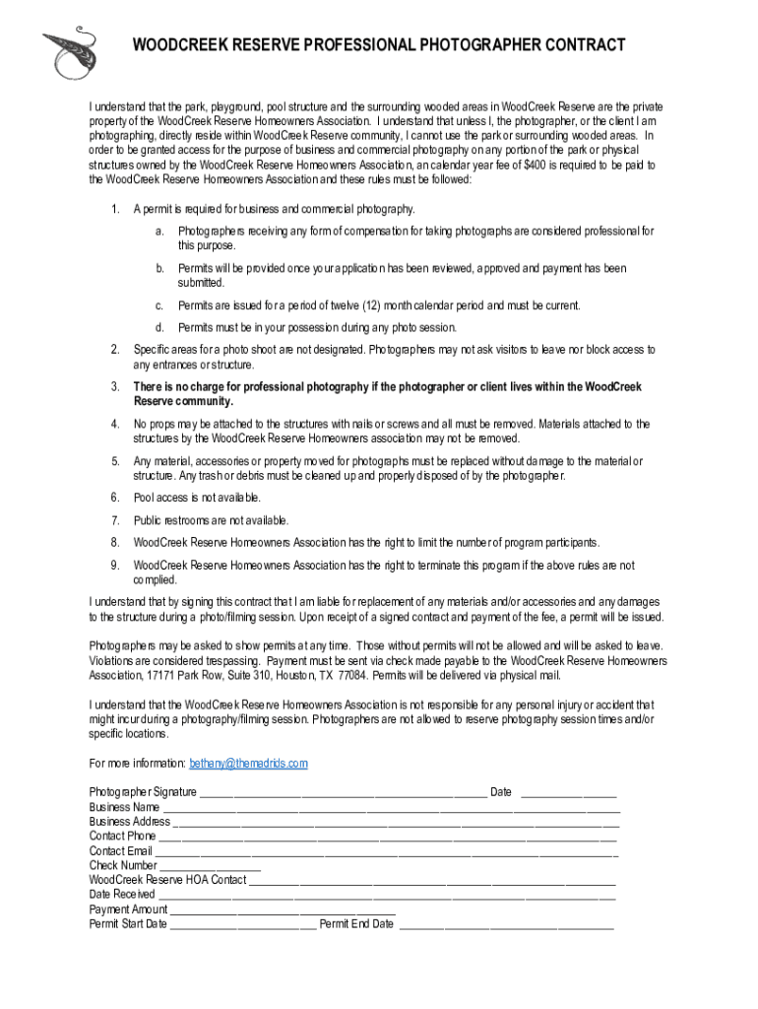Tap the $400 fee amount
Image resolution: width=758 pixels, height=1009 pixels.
click(x=537, y=166)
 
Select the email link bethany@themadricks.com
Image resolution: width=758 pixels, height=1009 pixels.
click(x=248, y=764)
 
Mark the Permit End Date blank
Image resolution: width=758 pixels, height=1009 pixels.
click(x=506, y=925)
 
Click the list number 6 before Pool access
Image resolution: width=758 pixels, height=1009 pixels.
click(x=114, y=498)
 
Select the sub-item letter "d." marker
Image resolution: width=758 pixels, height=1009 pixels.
click(x=158, y=327)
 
